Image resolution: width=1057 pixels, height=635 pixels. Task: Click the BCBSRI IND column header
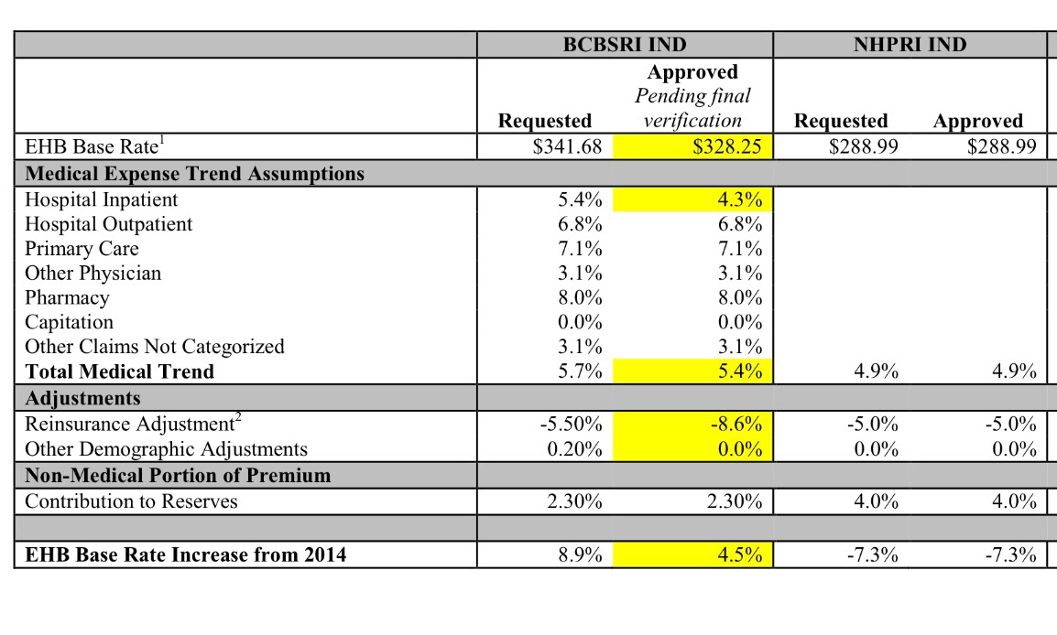[625, 45]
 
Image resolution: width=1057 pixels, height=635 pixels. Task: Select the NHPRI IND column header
[910, 45]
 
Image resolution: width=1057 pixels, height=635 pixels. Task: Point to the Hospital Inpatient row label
[102, 199]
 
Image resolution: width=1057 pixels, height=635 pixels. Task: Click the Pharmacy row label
[67, 297]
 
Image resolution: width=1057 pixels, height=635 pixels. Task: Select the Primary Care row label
[82, 249]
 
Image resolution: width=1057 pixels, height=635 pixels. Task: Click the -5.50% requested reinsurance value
[572, 425]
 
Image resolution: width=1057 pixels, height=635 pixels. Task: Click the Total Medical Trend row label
[119, 371]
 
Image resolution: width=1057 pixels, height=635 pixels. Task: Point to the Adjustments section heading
[82, 399]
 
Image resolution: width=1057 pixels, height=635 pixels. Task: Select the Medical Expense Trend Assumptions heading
[194, 174]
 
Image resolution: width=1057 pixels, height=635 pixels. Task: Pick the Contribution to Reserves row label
[131, 501]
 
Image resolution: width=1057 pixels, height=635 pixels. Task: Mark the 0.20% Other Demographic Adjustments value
[575, 449]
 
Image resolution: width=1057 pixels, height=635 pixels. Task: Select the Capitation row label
[70, 322]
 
